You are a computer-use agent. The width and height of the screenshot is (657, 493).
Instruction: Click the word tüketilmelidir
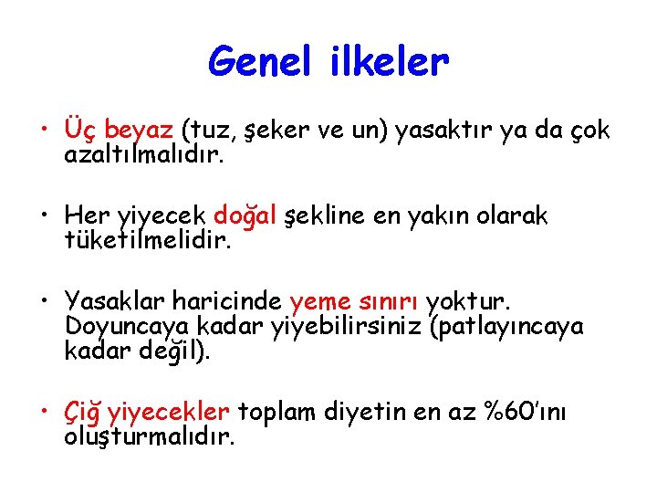(148, 241)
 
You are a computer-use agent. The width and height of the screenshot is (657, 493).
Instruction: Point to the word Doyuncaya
(123, 327)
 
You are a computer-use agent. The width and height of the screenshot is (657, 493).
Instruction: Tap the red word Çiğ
(83, 414)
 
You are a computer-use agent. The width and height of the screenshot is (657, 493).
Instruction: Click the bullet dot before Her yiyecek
(45, 216)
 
